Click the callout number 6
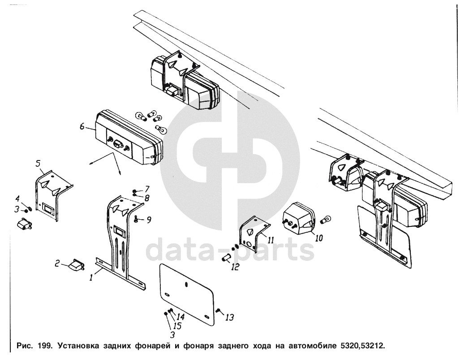(82, 126)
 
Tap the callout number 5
(38, 163)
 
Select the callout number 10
(318, 238)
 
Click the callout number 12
(235, 267)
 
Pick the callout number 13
(230, 317)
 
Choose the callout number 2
(57, 263)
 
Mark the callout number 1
(91, 277)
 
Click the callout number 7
(147, 189)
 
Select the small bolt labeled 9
(136, 219)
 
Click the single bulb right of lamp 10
(327, 219)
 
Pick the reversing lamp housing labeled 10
(298, 218)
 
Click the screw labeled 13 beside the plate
(218, 311)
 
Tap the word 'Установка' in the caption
(79, 346)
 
